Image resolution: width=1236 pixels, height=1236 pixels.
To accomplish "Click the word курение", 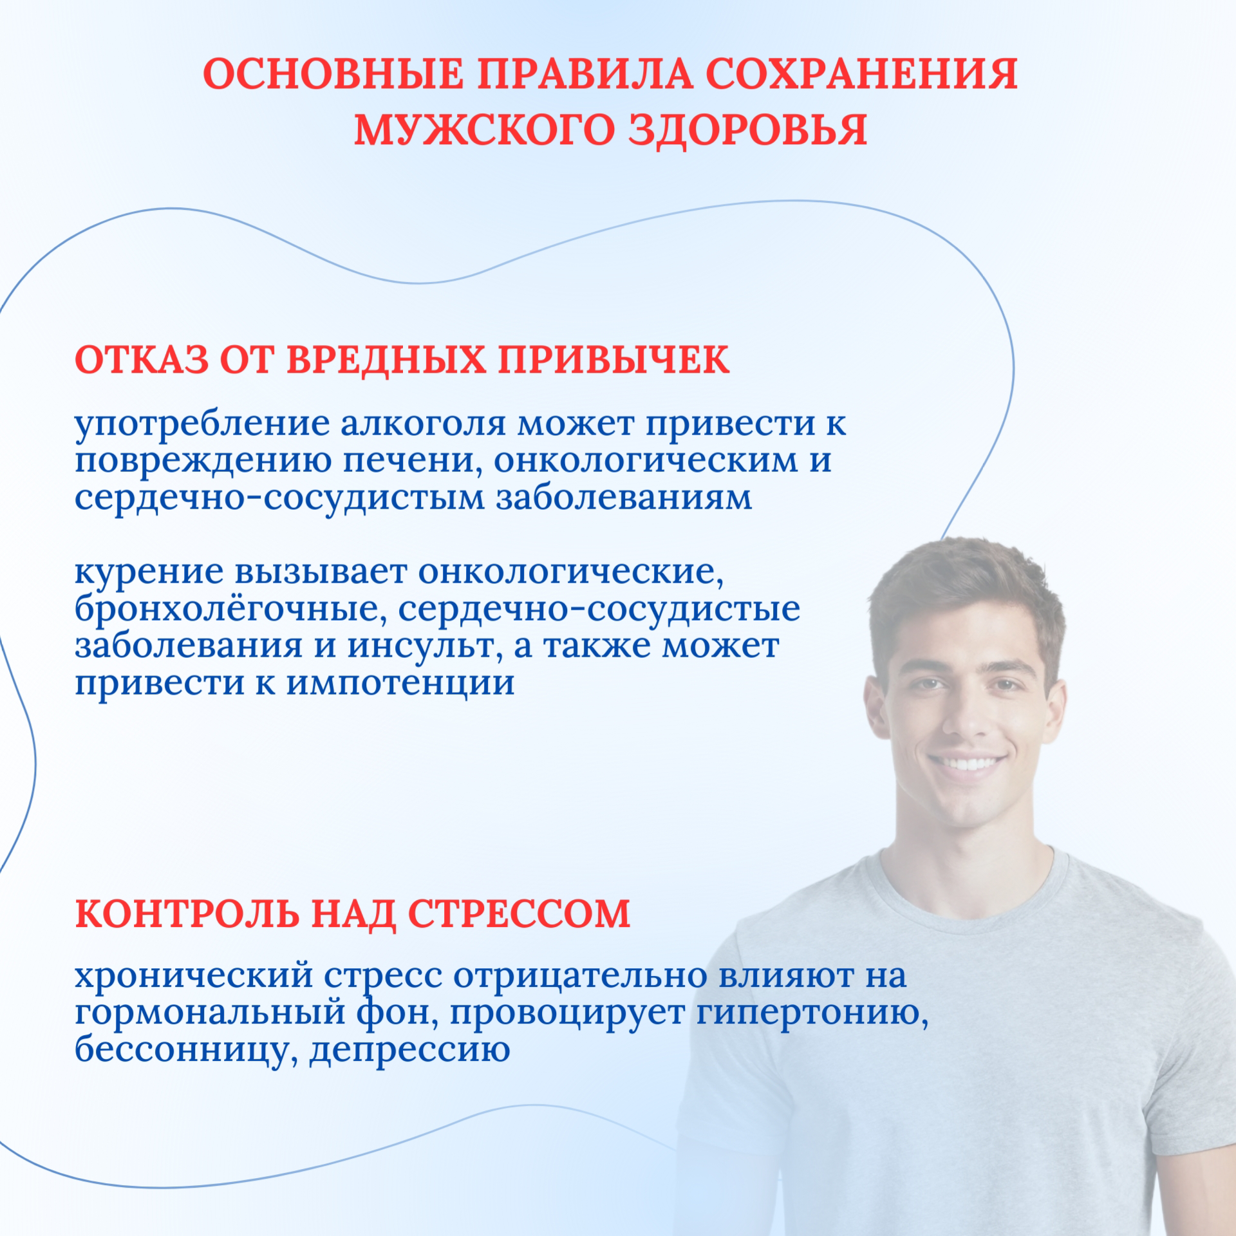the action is click(x=150, y=572).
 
